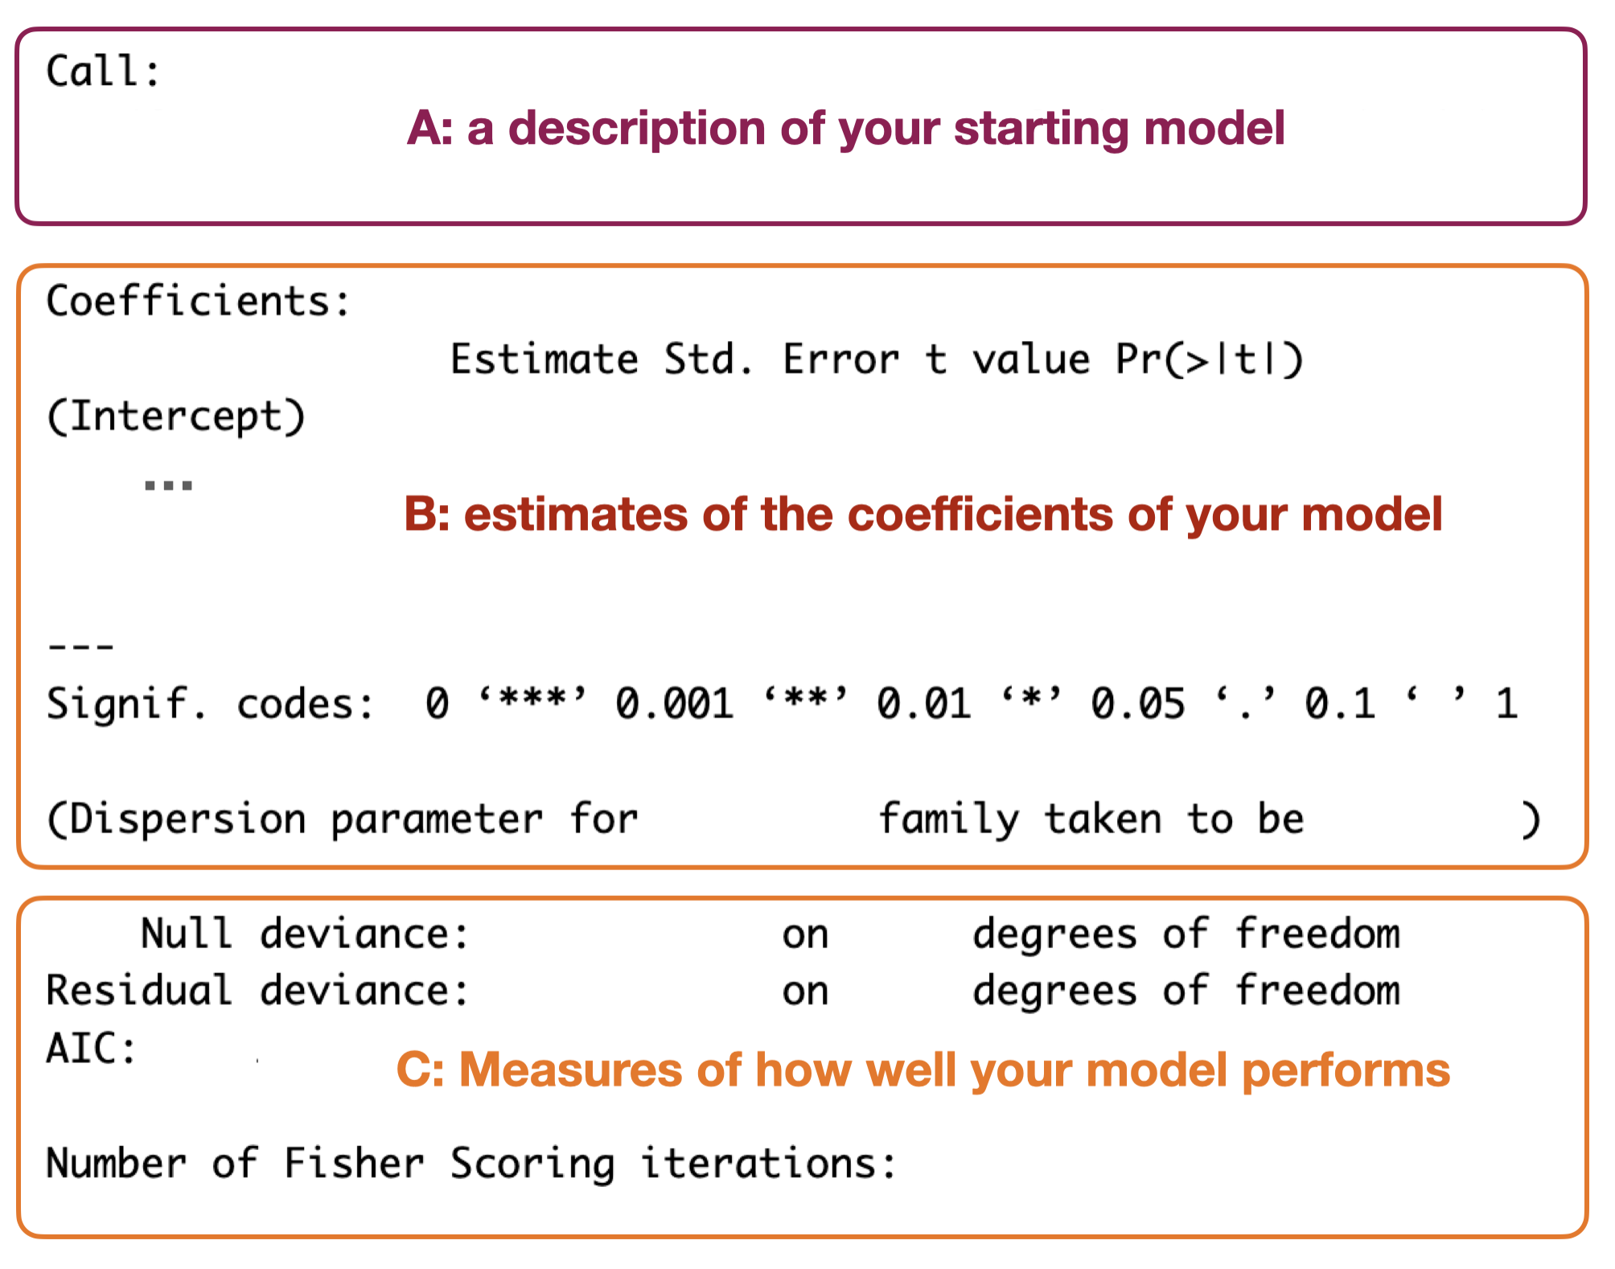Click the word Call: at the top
[103, 71]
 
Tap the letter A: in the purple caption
[430, 128]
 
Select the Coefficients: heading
[199, 302]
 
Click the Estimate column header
[544, 359]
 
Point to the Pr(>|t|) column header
[1210, 359]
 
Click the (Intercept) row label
[176, 417]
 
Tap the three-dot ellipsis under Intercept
[168, 485]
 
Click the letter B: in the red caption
[427, 514]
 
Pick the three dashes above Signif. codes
[81, 646]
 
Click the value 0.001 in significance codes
[675, 704]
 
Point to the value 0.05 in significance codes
[1138, 704]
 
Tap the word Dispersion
[188, 819]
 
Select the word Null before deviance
[187, 934]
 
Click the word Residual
[139, 990]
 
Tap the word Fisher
[354, 1163]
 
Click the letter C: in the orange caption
[421, 1070]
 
